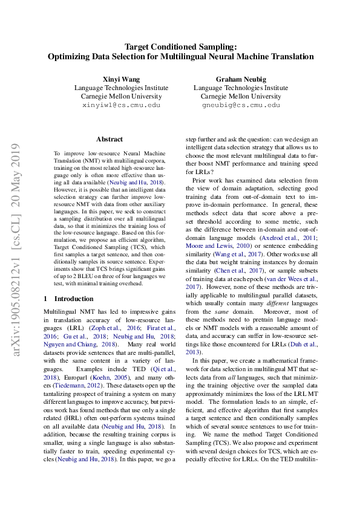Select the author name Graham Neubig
(240, 79)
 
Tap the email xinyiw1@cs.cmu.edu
(121, 105)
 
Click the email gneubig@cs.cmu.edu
(240, 105)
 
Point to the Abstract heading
(110, 139)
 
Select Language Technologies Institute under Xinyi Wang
(121, 88)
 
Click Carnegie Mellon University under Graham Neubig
(240, 96)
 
